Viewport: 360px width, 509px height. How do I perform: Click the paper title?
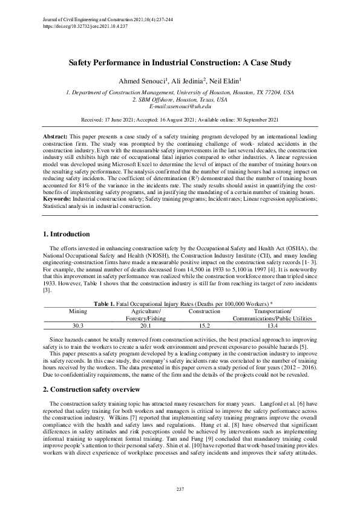(x=180, y=62)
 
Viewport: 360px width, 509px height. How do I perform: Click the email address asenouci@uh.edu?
(x=180, y=106)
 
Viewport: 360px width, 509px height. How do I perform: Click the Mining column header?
(x=79, y=310)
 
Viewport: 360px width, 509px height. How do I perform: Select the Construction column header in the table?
(x=205, y=310)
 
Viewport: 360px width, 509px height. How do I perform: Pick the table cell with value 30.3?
(x=79, y=325)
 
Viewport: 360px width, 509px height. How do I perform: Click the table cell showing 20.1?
(x=145, y=325)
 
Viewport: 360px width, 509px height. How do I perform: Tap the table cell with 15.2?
(x=205, y=325)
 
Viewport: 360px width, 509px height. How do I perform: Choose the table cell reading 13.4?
(x=273, y=325)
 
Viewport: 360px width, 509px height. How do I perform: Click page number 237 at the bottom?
(x=180, y=488)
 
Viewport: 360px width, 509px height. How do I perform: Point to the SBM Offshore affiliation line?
(x=180, y=99)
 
